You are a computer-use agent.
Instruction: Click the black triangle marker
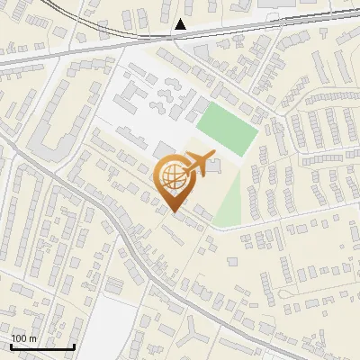[181, 24]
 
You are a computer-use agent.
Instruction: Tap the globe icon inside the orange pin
[172, 175]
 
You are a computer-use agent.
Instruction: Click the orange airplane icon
[198, 163]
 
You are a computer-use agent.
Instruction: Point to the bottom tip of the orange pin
[172, 212]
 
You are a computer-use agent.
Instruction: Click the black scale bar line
[42, 347]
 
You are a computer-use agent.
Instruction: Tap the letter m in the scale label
[32, 338]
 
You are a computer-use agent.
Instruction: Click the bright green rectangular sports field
[228, 129]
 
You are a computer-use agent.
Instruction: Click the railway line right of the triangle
[270, 22]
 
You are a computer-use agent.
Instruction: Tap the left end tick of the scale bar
[11, 346]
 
